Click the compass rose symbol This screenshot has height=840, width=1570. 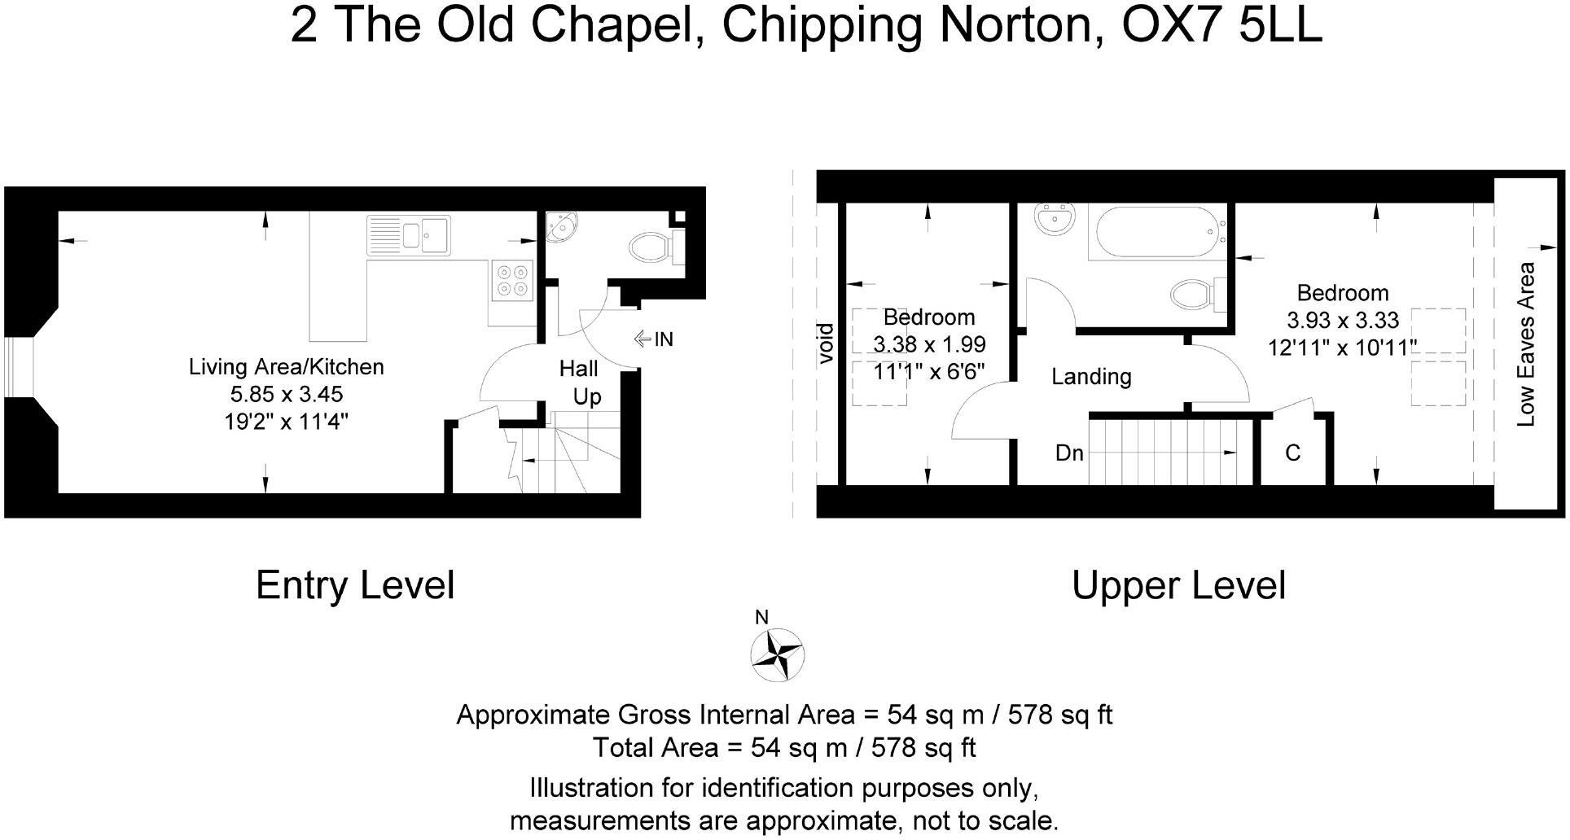(x=777, y=654)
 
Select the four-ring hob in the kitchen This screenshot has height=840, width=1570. (x=511, y=278)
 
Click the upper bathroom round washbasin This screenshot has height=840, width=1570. (x=1056, y=221)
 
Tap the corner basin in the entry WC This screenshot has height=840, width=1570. (x=560, y=227)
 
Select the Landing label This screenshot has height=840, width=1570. (x=1091, y=377)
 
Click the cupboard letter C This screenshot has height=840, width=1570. (x=1292, y=453)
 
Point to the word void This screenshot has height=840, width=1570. (x=825, y=343)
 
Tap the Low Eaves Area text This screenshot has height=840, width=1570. (x=1526, y=343)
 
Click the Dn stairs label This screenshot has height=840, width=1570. (x=1069, y=453)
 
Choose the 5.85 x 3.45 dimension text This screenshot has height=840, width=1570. (x=287, y=394)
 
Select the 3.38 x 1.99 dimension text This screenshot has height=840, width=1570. (x=929, y=344)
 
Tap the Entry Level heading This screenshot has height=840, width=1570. (x=355, y=585)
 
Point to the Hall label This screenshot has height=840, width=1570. (x=578, y=369)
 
